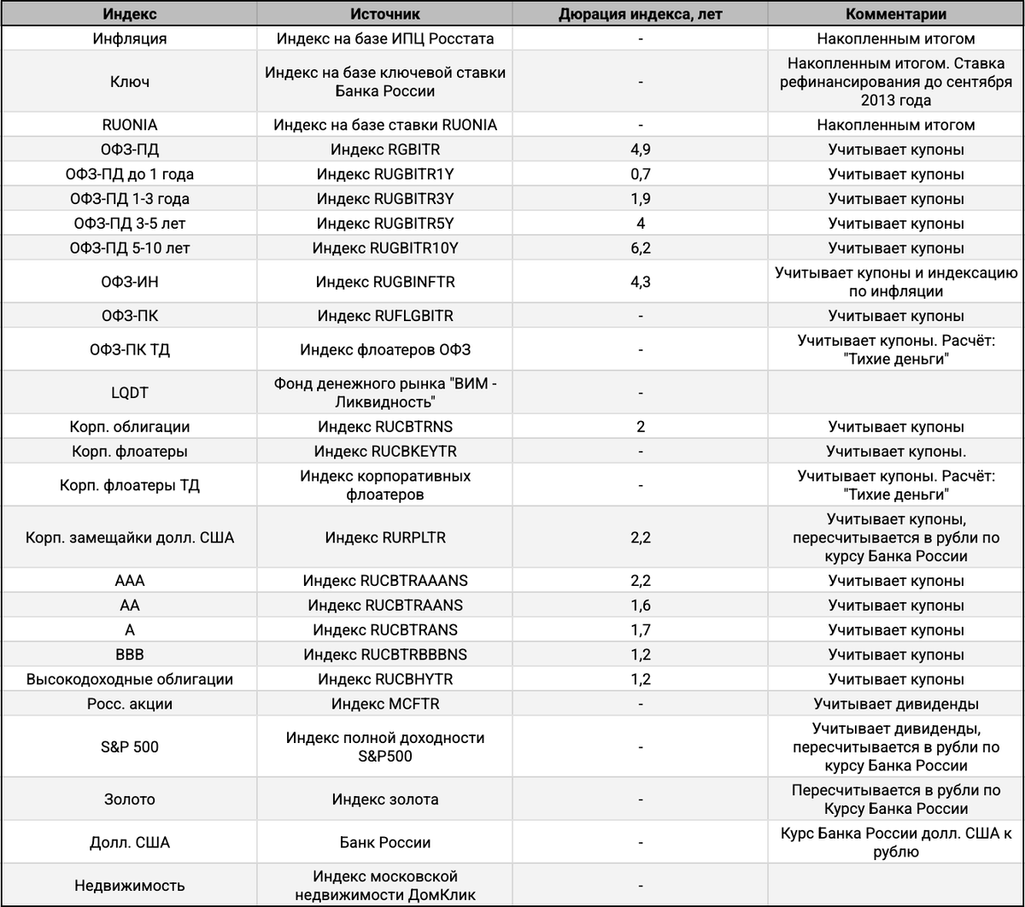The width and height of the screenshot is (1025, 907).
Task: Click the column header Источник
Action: [384, 15]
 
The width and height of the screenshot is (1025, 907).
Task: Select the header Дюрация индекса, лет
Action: [640, 15]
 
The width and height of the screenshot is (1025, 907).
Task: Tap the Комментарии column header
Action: [896, 15]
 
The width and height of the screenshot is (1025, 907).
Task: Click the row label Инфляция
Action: [130, 38]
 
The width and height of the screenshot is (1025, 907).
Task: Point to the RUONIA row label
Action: [130, 125]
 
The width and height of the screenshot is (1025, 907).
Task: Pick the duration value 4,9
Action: [640, 149]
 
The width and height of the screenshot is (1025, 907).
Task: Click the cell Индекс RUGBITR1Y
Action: [384, 174]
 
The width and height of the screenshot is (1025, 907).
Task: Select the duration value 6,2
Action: [640, 249]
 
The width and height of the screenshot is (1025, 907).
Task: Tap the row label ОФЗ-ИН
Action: [130, 282]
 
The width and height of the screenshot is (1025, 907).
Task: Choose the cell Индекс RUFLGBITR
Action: [384, 315]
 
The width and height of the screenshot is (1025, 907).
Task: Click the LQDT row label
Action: [130, 392]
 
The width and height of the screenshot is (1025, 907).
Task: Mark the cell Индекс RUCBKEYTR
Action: [384, 451]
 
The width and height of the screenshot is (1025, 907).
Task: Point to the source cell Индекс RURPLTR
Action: [384, 538]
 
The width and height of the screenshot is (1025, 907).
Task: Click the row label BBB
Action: [130, 655]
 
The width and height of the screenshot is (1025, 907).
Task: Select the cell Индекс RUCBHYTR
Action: [384, 680]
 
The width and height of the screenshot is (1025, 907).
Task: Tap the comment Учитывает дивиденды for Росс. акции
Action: [896, 705]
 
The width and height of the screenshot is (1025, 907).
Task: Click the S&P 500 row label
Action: [130, 747]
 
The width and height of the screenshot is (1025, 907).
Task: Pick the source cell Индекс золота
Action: [384, 799]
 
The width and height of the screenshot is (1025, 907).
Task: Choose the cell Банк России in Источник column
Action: [384, 842]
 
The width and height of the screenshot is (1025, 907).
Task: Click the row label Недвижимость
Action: [130, 886]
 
